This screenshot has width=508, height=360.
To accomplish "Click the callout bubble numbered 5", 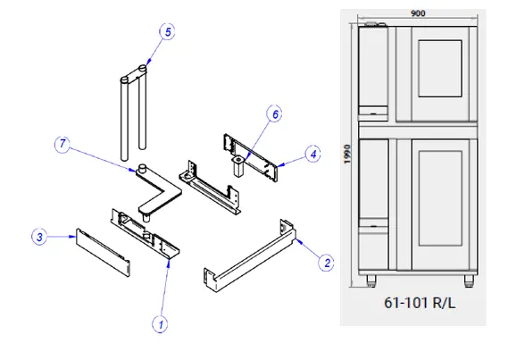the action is click(x=167, y=32).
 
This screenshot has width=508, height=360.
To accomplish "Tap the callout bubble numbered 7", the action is click(x=62, y=144).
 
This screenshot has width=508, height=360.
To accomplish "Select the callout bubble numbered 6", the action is click(x=274, y=114).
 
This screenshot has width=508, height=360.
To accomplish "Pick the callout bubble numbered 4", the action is click(x=313, y=155).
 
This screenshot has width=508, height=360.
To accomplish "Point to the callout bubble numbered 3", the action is click(x=39, y=237).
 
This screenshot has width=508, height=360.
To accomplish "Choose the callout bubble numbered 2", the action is click(x=326, y=263).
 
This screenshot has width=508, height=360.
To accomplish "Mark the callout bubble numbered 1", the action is click(x=160, y=324).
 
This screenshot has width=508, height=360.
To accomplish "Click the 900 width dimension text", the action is click(x=418, y=13).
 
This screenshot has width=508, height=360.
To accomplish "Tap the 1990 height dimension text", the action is click(x=347, y=155).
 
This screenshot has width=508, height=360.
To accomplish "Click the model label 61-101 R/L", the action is click(x=420, y=304).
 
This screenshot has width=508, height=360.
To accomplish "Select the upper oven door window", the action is click(x=440, y=69).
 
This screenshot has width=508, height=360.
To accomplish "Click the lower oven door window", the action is click(x=440, y=198).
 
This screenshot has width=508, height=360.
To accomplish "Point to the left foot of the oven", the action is click(x=371, y=280).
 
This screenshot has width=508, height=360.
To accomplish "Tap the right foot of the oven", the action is click(x=469, y=280).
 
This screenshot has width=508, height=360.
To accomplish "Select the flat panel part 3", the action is click(x=103, y=253).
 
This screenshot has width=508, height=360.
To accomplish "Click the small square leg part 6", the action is click(x=238, y=165).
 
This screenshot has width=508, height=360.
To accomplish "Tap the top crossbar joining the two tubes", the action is click(x=134, y=74).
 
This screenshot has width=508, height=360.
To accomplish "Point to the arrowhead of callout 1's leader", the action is click(x=169, y=264).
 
